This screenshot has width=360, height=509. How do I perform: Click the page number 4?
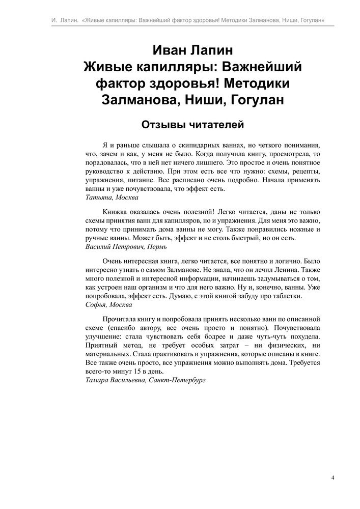[x=333, y=477]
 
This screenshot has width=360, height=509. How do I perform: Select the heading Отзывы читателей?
[x=184, y=124]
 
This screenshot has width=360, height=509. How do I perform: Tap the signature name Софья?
[x=95, y=304]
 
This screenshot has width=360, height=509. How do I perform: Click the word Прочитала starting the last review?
[x=118, y=319]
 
